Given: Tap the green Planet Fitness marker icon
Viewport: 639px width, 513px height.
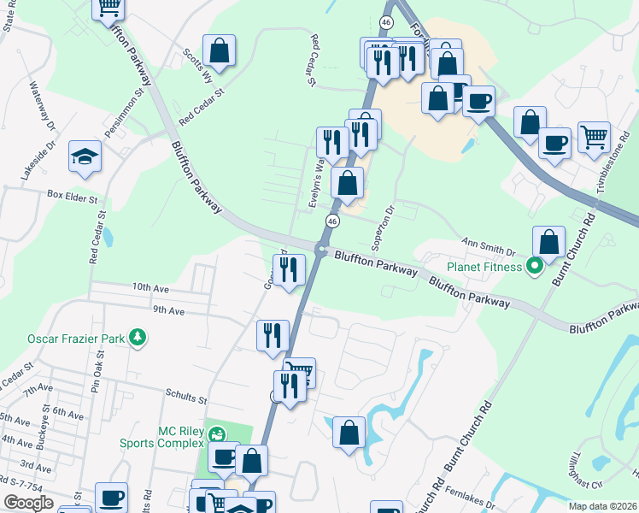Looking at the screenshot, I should [535, 267].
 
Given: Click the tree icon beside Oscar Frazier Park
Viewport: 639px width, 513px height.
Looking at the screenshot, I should [137, 339].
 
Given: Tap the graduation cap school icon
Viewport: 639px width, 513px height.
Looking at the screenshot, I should [85, 156].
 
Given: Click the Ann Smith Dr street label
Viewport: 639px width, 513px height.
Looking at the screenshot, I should [490, 245].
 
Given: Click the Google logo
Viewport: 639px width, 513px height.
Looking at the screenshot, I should [28, 503].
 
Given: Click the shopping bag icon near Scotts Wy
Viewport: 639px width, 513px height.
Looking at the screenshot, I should [220, 50].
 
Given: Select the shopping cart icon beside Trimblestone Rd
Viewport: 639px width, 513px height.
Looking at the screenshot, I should [594, 135].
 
